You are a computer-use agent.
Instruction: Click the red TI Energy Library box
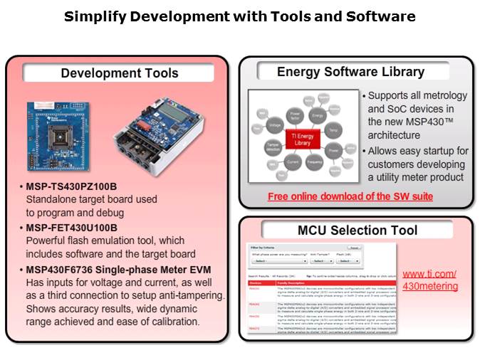(x=303, y=138)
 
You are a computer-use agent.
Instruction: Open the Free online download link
(x=350, y=196)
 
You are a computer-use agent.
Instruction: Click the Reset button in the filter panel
(x=354, y=248)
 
